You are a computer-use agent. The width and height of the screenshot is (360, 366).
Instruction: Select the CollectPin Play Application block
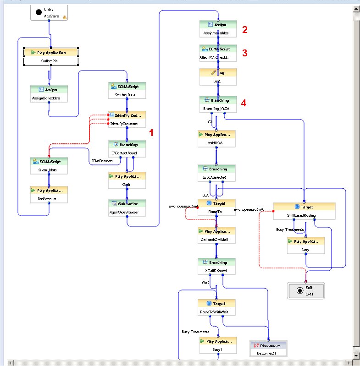[51, 56]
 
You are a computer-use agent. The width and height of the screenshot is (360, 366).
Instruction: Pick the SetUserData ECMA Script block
[127, 91]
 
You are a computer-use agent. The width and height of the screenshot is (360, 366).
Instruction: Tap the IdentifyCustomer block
[127, 120]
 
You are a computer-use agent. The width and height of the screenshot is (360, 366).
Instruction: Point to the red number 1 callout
[152, 132]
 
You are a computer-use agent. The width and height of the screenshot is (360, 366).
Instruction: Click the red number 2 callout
[245, 30]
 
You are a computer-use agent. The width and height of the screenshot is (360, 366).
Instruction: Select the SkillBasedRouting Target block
[304, 211]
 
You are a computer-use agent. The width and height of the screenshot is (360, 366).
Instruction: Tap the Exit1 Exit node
[305, 291]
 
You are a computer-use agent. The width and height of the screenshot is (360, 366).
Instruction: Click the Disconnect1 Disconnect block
[268, 349]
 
